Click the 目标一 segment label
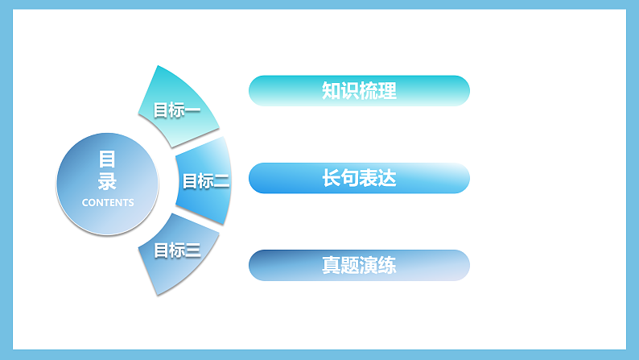[x=176, y=110]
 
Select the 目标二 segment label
[x=205, y=181]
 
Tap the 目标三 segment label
[x=176, y=250]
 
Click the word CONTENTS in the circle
[x=108, y=202]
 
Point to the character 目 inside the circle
[x=108, y=159]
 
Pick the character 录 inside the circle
[x=108, y=180]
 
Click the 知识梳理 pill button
[x=359, y=90]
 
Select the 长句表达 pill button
[x=359, y=178]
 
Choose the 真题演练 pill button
[x=359, y=265]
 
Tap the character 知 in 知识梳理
[x=331, y=90]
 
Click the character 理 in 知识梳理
[x=387, y=90]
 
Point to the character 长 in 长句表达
[x=331, y=178]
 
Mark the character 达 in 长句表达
[x=387, y=178]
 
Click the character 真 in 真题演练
[x=331, y=265]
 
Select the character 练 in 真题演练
[x=387, y=265]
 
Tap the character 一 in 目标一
[x=192, y=110]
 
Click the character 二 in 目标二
[x=221, y=181]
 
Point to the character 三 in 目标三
[x=192, y=250]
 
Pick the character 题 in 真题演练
[x=349, y=265]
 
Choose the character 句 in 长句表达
[x=349, y=178]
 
